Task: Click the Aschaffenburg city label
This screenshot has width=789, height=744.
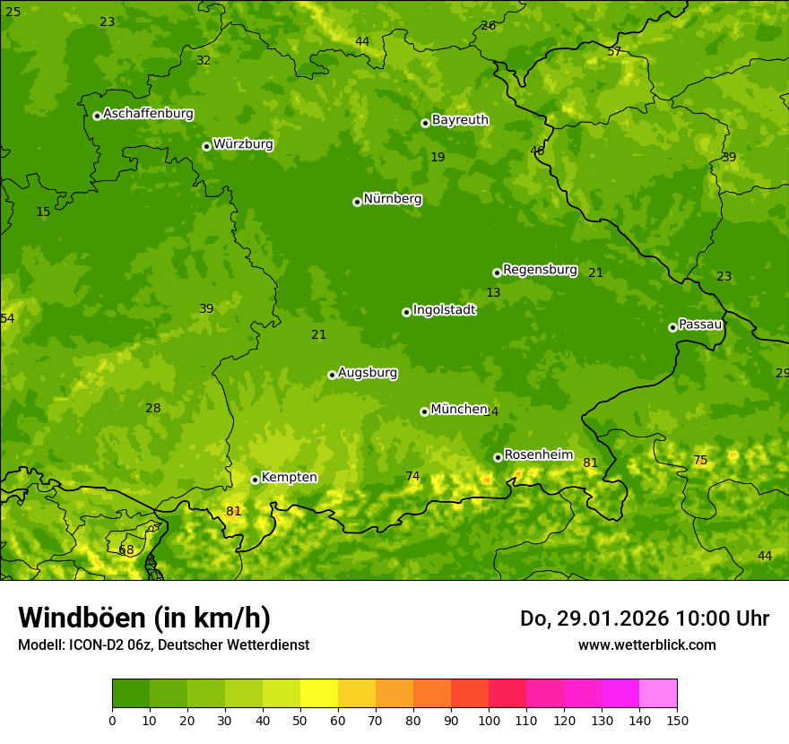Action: pos(148,114)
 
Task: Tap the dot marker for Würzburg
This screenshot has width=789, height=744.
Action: pos(206,146)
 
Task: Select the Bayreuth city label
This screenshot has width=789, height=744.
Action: pos(460,120)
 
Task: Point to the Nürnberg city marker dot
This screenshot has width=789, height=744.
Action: pos(357,202)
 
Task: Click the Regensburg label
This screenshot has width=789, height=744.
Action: pos(540,270)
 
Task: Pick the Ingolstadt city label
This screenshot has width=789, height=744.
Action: pos(444,310)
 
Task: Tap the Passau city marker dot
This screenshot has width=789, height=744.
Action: pos(672,327)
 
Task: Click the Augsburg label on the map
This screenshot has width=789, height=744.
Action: pos(368,373)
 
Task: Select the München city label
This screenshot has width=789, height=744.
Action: pos(458,409)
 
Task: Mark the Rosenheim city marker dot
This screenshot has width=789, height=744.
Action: pos(498,457)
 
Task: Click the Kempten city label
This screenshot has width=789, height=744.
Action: pos(289,477)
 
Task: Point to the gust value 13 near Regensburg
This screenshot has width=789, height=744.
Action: pos(493,292)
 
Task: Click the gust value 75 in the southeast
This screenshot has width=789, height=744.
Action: pos(700,460)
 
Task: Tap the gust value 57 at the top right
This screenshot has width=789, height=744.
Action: pos(614,51)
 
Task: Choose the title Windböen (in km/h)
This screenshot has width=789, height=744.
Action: pos(144,618)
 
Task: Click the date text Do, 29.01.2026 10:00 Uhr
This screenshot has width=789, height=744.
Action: pos(644,619)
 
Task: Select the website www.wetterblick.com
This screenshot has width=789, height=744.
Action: pos(646,645)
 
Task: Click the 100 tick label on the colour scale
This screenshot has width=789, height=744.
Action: pos(489,720)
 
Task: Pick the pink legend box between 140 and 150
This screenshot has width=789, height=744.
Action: pos(658,693)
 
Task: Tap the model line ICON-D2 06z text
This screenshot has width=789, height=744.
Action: pos(163,645)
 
